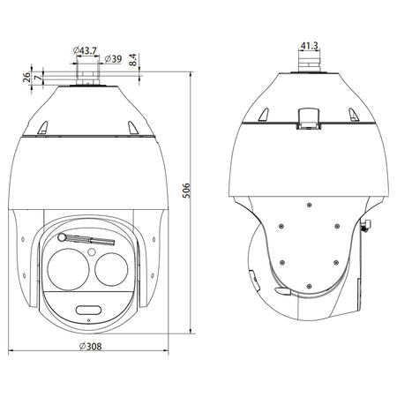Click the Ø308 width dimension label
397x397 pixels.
[x=91, y=347]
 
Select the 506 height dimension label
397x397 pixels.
[x=186, y=191]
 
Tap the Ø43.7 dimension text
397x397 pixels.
[x=85, y=50]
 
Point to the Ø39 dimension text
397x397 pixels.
[x=113, y=59]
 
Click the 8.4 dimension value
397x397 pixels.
[x=133, y=60]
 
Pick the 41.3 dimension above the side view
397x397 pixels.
[x=309, y=46]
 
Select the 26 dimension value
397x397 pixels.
[x=26, y=77]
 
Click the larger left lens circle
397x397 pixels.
[x=68, y=269]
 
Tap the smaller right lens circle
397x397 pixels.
[x=111, y=269]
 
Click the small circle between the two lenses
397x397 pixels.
[x=92, y=252]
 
